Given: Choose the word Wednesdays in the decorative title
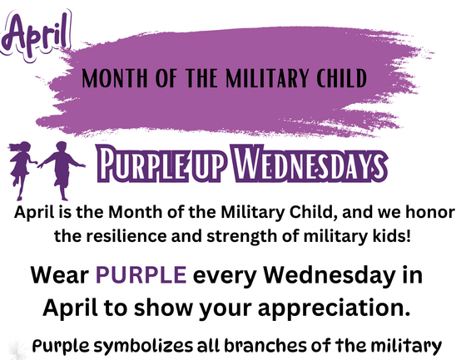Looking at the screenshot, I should pyautogui.click(x=303, y=165).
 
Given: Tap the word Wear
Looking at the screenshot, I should pyautogui.click(x=60, y=274).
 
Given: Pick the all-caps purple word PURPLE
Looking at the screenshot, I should pyautogui.click(x=139, y=274).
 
